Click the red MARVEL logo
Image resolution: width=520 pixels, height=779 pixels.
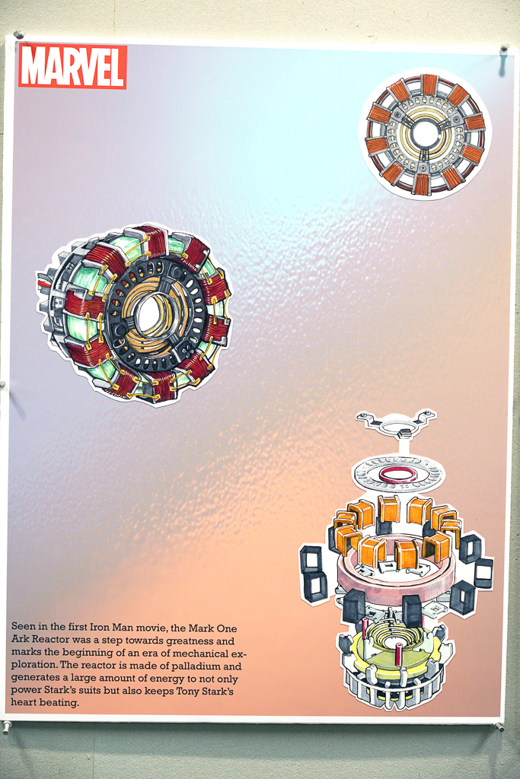(x=72, y=67)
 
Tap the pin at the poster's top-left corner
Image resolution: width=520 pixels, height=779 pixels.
(x=19, y=35)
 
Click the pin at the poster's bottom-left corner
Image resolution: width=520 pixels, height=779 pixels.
(x=6, y=727)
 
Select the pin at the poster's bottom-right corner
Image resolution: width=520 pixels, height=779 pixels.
(x=498, y=727)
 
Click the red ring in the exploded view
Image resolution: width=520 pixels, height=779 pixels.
(x=398, y=475)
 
